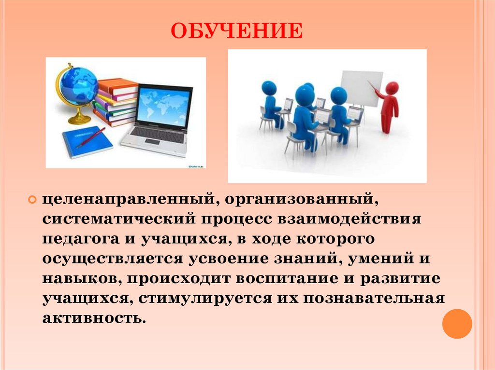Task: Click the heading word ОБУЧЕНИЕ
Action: (x=236, y=31)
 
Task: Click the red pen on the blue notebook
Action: (x=90, y=138)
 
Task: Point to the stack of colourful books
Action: (x=116, y=102)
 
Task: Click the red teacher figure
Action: (x=389, y=106)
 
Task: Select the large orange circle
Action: (x=457, y=323)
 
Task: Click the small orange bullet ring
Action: (x=32, y=199)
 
